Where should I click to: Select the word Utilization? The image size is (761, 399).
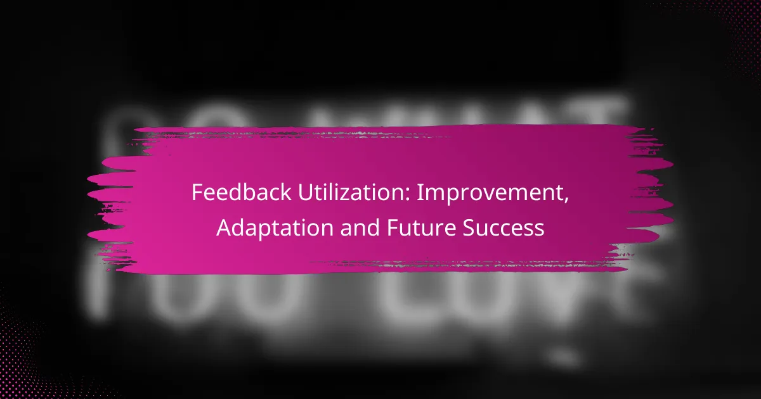coord(334,194)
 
